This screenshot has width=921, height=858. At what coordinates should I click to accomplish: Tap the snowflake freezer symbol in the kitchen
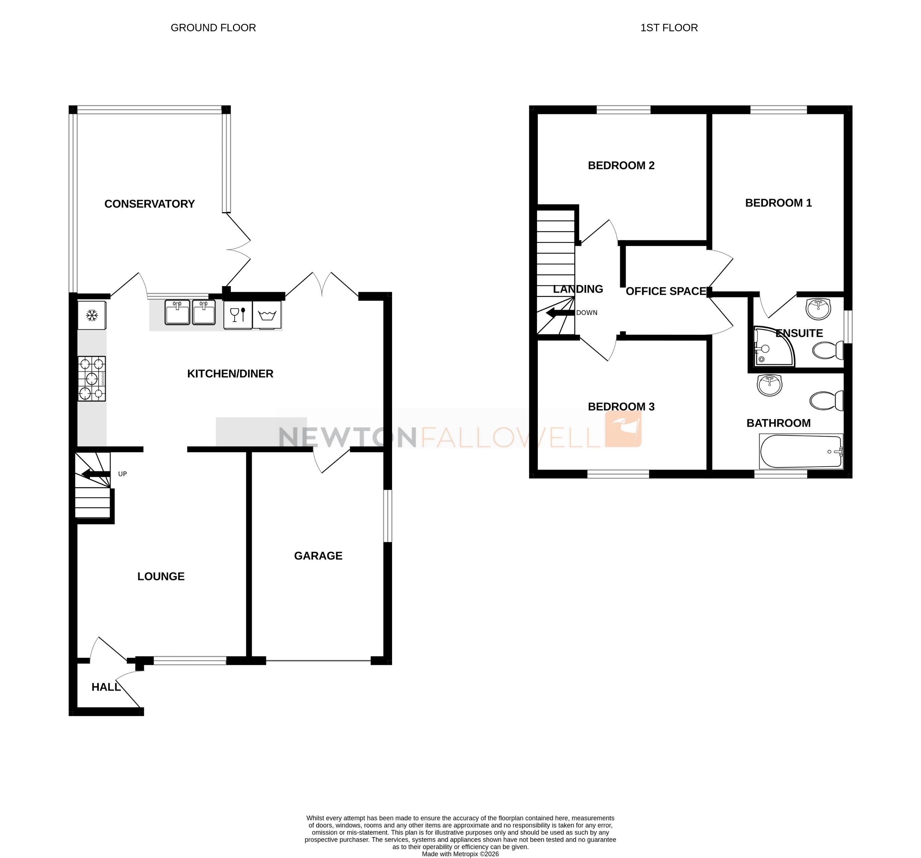pos(92,316)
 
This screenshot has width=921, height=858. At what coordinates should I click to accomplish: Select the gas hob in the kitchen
pos(92,378)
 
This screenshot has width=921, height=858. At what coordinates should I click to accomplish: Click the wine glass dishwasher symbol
pos(238,315)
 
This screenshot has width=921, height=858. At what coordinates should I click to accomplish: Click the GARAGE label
pos(318,556)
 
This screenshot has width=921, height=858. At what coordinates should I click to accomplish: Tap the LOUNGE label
pos(161,576)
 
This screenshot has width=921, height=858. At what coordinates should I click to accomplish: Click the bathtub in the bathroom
pos(800,451)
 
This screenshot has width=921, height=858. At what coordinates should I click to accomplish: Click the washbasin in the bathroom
pos(769,385)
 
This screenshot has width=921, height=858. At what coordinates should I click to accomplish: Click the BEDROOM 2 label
pos(621,165)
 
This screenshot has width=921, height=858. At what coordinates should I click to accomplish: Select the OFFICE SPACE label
pos(666,291)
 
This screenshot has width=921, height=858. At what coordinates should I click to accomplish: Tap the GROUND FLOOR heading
pos(213,28)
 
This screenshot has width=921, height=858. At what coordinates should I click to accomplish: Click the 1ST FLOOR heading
pos(669,28)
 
